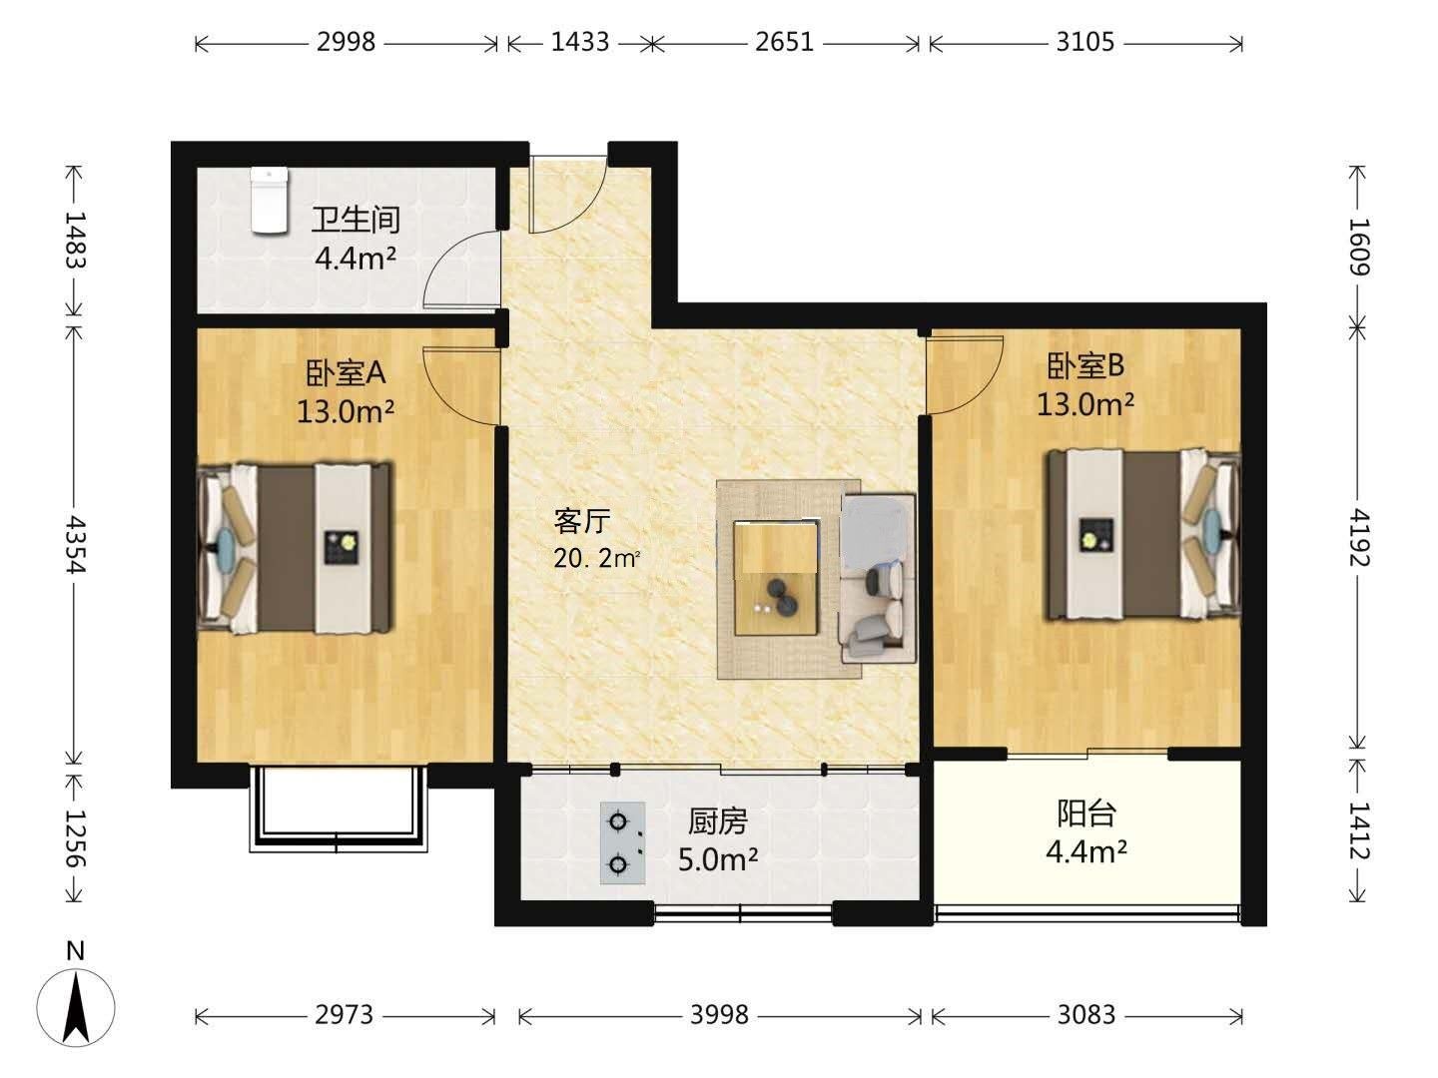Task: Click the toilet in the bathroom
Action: (x=270, y=201)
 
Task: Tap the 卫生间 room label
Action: (x=356, y=220)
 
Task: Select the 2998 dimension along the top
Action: (x=346, y=43)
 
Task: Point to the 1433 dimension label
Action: (x=580, y=43)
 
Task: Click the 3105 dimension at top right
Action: (x=1084, y=43)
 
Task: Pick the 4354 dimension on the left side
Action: (x=76, y=545)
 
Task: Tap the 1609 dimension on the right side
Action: (x=1357, y=247)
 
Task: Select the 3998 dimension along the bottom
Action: (x=719, y=1015)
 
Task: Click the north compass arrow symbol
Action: (x=77, y=1007)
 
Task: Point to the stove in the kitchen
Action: (x=622, y=843)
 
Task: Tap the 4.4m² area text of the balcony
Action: (x=1086, y=851)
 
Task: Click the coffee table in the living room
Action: (x=776, y=578)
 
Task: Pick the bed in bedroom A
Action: (x=295, y=549)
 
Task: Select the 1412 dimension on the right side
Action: (x=1357, y=831)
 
